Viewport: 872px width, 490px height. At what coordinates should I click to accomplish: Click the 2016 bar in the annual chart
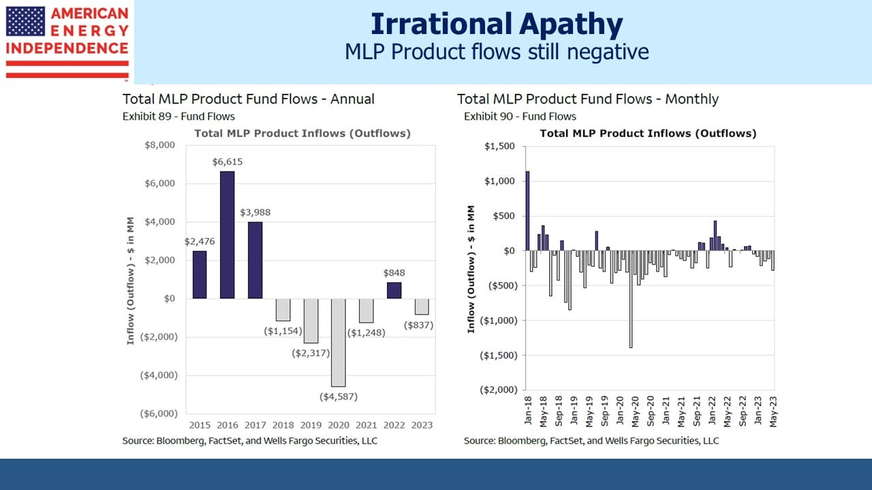point(228,235)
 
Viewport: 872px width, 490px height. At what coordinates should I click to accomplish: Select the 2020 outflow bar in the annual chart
point(339,342)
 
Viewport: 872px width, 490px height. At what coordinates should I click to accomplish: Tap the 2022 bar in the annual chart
point(394,291)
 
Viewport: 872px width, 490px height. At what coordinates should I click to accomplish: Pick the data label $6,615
point(228,162)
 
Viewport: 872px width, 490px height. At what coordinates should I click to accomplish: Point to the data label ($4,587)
point(339,397)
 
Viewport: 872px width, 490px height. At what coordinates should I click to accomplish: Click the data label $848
point(394,273)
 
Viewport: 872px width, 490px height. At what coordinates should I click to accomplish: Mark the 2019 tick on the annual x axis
point(311,425)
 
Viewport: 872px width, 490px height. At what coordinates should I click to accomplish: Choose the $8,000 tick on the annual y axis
point(159,145)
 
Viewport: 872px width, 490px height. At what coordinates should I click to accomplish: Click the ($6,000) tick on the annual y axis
point(159,413)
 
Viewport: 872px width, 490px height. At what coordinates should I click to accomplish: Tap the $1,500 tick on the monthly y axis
point(499,146)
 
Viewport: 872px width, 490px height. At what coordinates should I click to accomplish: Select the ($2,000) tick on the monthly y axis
point(499,390)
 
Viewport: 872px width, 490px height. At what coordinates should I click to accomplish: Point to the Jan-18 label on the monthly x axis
point(528,410)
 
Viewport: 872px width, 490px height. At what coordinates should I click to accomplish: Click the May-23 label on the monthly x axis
point(773,412)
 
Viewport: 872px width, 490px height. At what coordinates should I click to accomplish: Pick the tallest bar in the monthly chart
point(527,211)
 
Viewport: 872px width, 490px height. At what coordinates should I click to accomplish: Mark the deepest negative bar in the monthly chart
point(631,299)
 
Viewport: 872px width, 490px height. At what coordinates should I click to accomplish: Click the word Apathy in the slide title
point(571,24)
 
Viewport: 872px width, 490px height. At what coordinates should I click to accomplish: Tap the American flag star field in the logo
point(25,21)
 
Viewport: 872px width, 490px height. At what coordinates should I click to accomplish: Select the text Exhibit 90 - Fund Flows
point(520,116)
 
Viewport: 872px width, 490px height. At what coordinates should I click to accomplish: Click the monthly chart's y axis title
point(471,269)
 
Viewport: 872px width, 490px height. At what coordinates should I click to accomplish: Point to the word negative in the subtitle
point(608,52)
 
